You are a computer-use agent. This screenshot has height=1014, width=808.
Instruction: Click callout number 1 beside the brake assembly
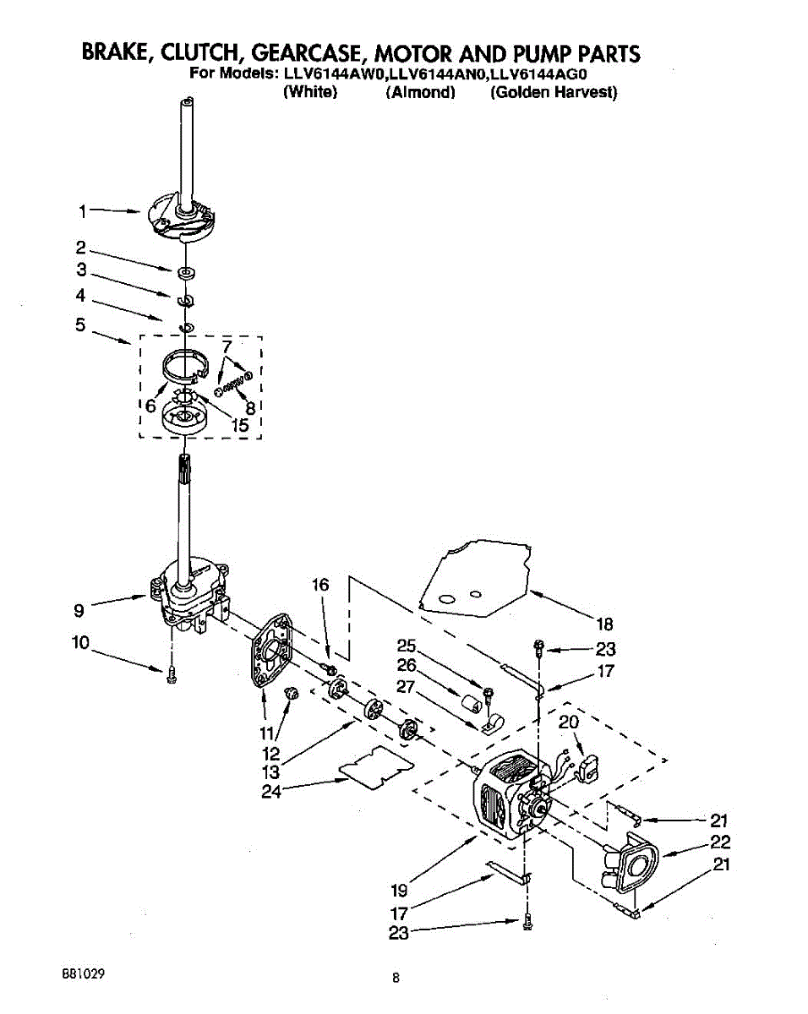click(x=83, y=212)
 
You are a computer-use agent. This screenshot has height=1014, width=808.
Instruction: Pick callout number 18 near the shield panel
click(x=604, y=625)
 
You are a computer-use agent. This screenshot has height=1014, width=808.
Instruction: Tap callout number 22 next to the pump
click(x=719, y=842)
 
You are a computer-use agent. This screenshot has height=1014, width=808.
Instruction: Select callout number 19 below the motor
click(x=400, y=890)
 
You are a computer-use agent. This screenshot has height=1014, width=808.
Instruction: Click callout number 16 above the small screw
click(x=320, y=585)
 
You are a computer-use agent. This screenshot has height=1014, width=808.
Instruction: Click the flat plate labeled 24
click(x=376, y=769)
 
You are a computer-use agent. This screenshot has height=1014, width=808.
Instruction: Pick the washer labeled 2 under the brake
click(x=187, y=273)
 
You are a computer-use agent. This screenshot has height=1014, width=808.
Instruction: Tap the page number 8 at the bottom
click(x=395, y=979)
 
